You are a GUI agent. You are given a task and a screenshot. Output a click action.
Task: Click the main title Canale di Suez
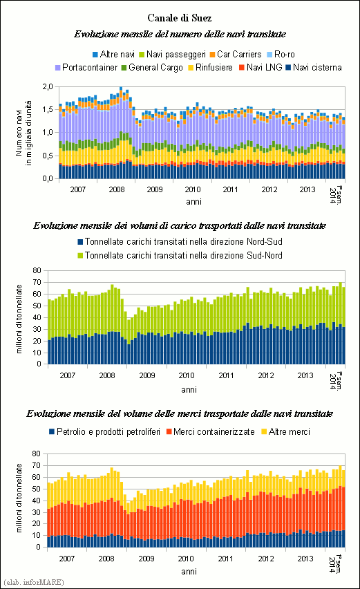[x=180, y=18]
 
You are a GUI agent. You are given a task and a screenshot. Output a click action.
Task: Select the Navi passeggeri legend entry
[x=172, y=55]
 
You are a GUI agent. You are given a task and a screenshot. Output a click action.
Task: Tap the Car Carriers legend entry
[x=236, y=55]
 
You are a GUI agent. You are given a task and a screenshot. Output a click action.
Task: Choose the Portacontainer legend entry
[x=86, y=68]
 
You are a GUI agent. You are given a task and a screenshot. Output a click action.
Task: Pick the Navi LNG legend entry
[x=260, y=68]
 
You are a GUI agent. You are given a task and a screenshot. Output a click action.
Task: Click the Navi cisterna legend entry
[x=314, y=68]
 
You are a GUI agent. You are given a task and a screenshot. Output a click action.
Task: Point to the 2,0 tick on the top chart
[x=48, y=87]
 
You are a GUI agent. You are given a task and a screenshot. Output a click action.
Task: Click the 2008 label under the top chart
[x=116, y=189]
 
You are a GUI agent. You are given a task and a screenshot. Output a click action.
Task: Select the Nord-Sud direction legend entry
[x=180, y=241]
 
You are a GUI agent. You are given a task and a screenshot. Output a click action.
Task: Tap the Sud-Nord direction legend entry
[x=180, y=255]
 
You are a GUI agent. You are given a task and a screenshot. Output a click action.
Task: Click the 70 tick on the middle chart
[x=37, y=282]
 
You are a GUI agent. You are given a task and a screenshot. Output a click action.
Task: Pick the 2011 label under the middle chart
[x=226, y=375]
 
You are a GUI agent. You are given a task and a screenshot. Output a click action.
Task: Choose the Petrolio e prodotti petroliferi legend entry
[x=105, y=432]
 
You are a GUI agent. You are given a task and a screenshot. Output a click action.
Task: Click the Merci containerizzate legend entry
[x=211, y=432]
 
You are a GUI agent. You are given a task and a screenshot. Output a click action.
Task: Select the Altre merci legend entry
[x=285, y=432]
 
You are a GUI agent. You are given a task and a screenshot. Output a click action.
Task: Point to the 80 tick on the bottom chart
[x=37, y=454]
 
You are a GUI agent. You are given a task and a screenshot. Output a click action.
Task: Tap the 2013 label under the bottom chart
[x=305, y=559]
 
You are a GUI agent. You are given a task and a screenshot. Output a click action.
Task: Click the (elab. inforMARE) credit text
[x=34, y=582]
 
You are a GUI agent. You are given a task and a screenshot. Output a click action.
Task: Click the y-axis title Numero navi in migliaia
[x=23, y=133]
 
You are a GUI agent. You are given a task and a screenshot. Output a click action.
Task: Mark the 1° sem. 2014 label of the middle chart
[x=337, y=381]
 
